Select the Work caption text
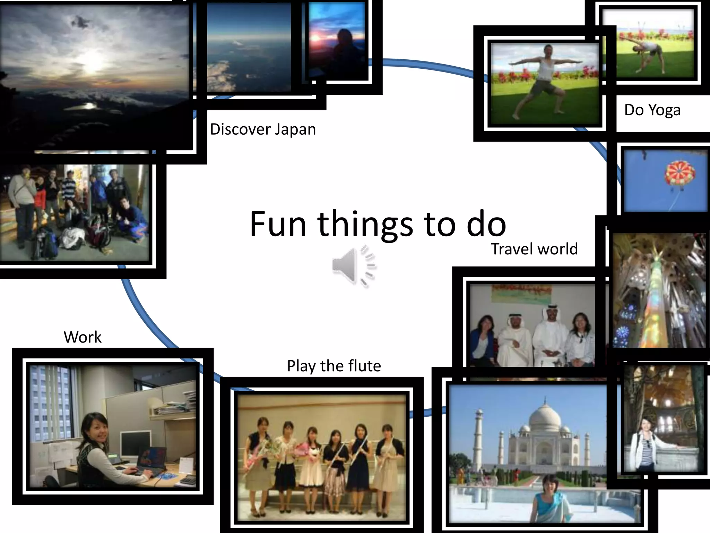point(83,337)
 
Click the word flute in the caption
point(364,366)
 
